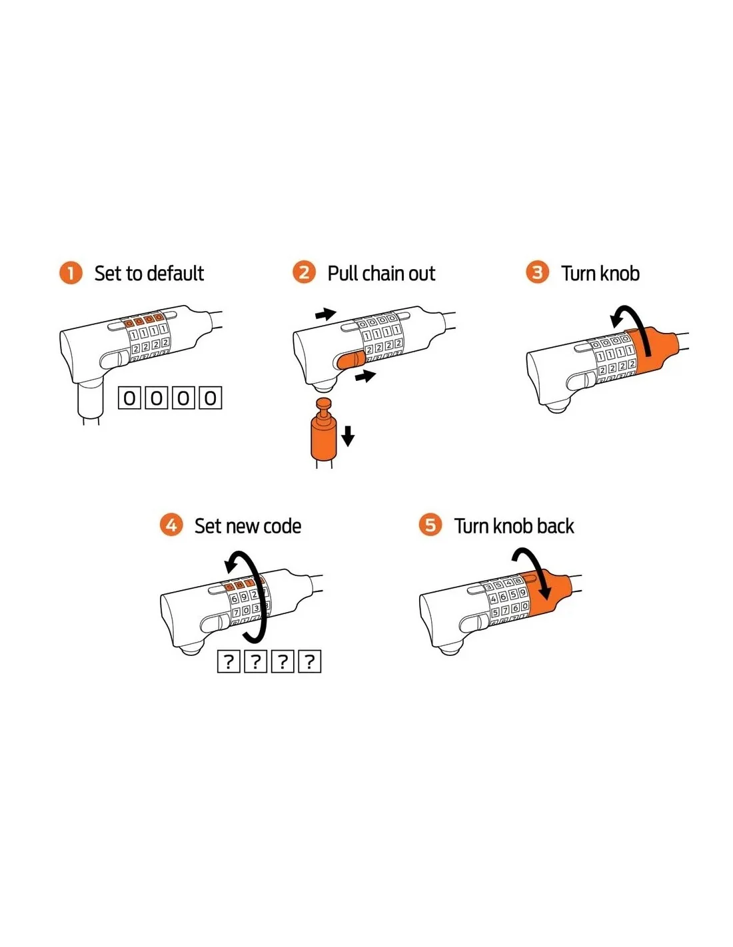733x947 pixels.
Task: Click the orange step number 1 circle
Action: point(70,273)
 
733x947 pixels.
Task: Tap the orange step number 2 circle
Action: point(303,272)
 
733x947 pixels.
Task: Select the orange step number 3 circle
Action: point(537,272)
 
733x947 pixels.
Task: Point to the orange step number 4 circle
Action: point(171,525)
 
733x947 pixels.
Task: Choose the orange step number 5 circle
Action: point(430,525)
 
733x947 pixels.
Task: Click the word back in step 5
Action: point(554,525)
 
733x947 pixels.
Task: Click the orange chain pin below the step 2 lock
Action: point(324,428)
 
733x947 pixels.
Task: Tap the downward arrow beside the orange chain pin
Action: point(348,436)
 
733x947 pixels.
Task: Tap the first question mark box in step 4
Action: point(229,661)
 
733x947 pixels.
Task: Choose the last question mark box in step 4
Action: point(310,661)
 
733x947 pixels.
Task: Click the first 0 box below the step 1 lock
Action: point(129,398)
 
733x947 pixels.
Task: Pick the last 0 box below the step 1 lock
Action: point(211,398)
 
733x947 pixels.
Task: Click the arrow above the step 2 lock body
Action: point(326,314)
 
